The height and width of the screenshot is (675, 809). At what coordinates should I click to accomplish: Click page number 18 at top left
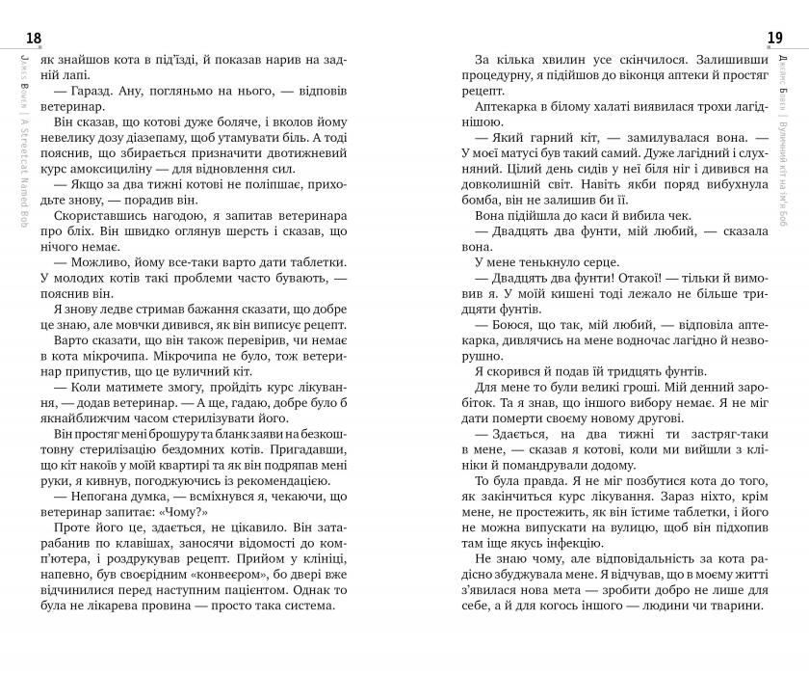(34, 38)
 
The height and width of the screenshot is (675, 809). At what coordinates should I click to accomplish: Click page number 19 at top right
(774, 38)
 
